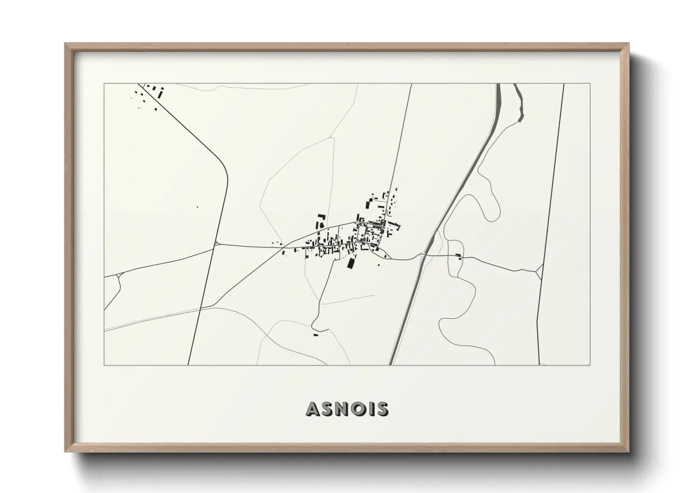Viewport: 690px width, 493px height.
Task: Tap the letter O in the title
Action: pos(354,409)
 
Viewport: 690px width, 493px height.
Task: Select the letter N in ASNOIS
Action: pos(339,409)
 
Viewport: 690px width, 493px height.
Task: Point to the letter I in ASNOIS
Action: pos(368,409)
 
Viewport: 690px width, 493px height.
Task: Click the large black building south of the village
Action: pos(351,263)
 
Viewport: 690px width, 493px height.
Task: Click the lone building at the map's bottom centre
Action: pos(315,335)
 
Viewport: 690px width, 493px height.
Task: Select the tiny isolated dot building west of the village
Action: pos(197,207)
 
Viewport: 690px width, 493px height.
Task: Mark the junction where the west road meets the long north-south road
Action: pos(216,243)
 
